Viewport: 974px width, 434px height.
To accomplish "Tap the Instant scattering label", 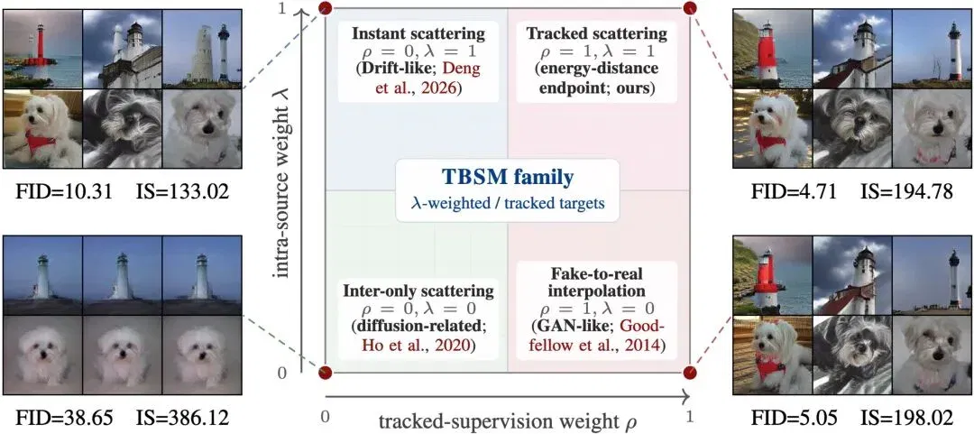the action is pyautogui.click(x=418, y=33).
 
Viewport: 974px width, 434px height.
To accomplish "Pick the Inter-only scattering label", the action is pyautogui.click(x=418, y=291).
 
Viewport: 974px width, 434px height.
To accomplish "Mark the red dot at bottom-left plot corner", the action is pyautogui.click(x=325, y=373).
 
